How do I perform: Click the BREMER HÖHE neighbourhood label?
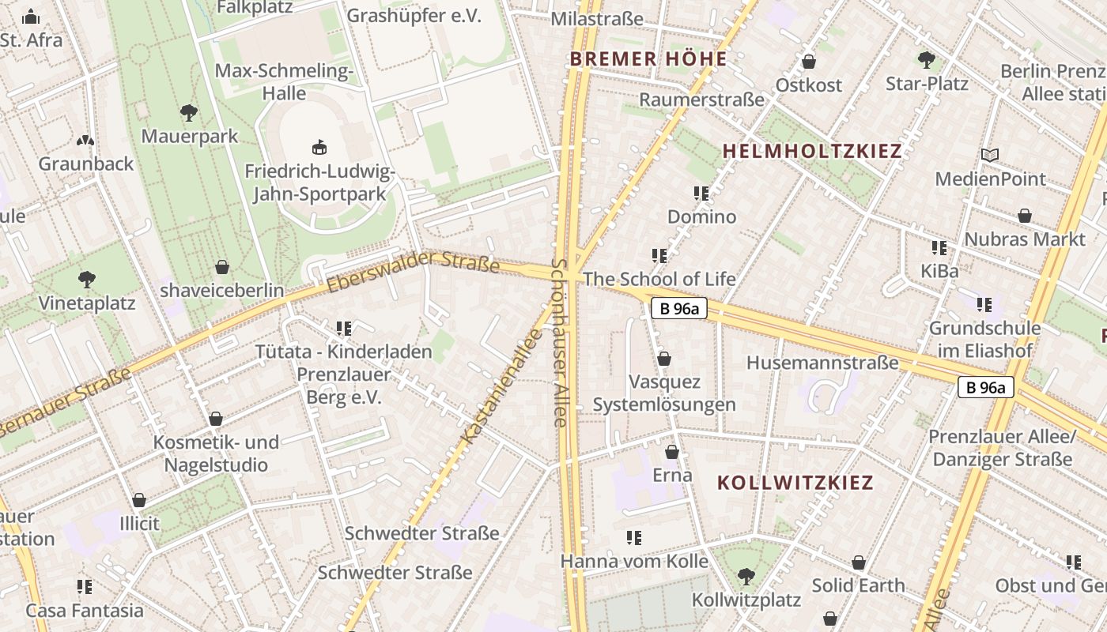click(648, 59)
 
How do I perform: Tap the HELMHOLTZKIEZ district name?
click(812, 151)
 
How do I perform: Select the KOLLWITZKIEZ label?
click(795, 483)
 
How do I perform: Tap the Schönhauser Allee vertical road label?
click(560, 343)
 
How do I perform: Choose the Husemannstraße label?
click(823, 363)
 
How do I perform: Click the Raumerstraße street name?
click(701, 100)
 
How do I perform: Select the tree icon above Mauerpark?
click(188, 113)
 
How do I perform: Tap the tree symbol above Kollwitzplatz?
click(746, 577)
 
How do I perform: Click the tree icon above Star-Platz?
click(926, 60)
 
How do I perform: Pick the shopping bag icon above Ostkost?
click(808, 62)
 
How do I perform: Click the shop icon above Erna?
click(671, 452)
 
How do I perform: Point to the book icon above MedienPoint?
click(989, 155)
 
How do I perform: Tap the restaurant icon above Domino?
click(701, 193)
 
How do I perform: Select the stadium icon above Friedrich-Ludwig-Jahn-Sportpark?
click(319, 147)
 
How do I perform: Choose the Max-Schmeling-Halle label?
click(284, 82)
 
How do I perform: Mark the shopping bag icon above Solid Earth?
click(858, 562)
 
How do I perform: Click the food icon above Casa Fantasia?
click(85, 587)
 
